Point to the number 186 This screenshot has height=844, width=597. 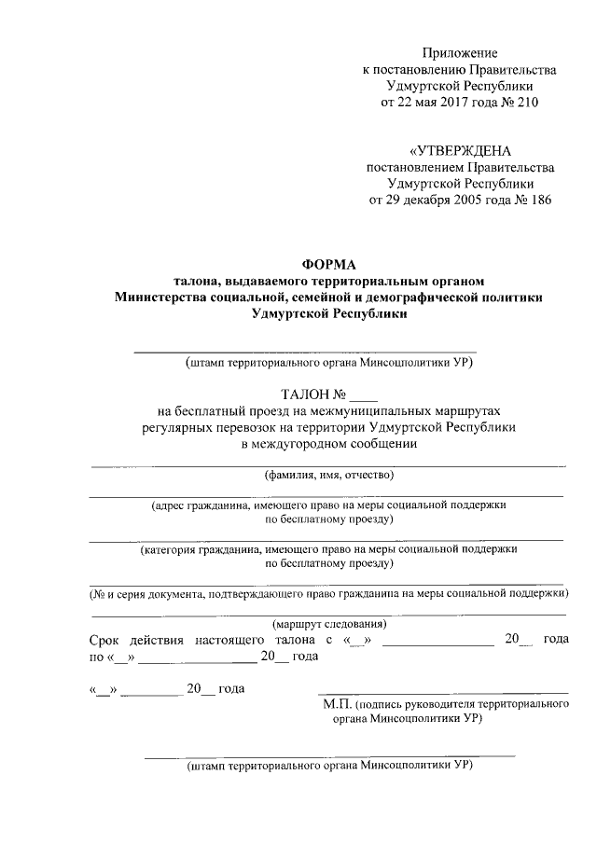pyautogui.click(x=537, y=200)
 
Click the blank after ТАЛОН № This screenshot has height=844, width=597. pyautogui.click(x=367, y=395)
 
